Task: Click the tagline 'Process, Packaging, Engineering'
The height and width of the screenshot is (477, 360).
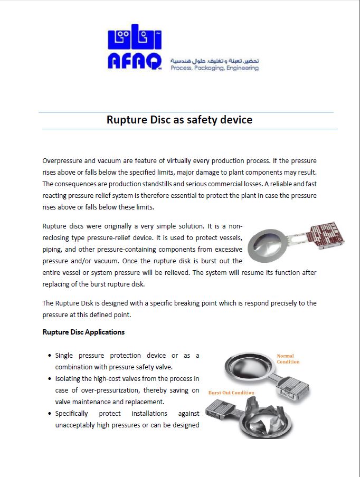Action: click(214, 68)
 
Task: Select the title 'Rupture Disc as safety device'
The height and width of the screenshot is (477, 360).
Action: click(179, 120)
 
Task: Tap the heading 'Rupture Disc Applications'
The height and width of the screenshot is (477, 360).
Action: click(83, 332)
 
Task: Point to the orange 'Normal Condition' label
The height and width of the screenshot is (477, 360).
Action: click(288, 359)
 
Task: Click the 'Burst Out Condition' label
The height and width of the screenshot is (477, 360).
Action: click(231, 393)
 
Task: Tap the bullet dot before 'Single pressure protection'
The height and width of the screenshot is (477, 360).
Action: click(49, 356)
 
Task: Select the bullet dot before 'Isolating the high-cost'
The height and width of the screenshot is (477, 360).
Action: click(49, 379)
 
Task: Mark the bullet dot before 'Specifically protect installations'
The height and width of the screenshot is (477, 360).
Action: click(49, 414)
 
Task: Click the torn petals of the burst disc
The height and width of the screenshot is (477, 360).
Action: click(267, 422)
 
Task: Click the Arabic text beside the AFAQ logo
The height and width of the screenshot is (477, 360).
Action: click(214, 61)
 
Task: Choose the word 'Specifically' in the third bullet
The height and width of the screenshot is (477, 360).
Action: click(72, 414)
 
